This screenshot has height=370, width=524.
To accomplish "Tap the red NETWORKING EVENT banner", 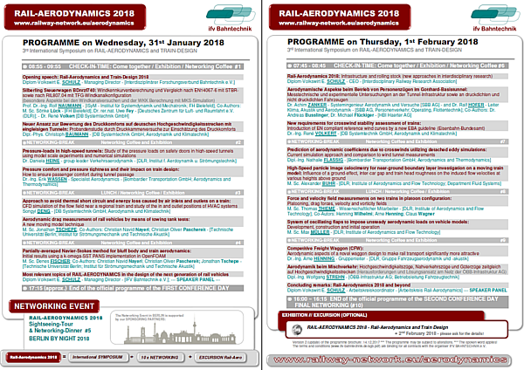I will [53, 283].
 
